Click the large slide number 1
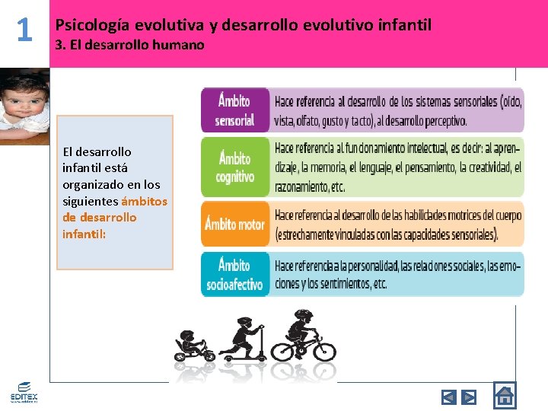[24, 30]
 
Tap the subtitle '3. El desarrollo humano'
[130, 45]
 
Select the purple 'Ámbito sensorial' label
[235, 110]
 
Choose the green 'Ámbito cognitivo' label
[235, 167]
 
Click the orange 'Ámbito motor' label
[235, 224]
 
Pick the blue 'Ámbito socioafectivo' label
[235, 275]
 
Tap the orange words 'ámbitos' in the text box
[144, 201]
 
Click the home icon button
[504, 396]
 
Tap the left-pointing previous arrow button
[449, 397]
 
